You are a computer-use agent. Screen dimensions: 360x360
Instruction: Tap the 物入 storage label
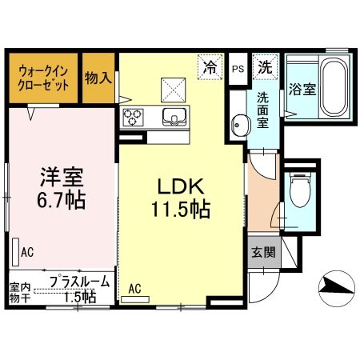(98, 77)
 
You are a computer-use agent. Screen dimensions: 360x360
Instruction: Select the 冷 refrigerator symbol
(210, 66)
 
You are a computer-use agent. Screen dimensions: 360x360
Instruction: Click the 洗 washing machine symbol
(263, 67)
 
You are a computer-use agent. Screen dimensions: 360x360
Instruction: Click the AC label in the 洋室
(27, 253)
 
